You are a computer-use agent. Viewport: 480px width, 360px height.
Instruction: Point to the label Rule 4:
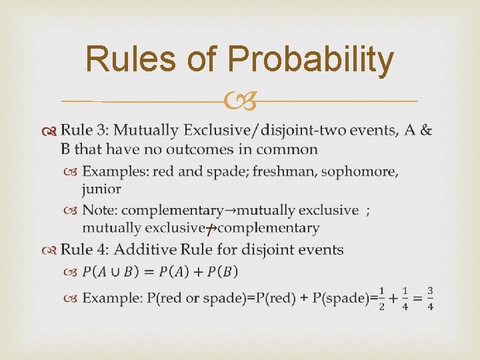tap(85, 250)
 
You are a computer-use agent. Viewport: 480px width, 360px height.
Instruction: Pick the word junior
tap(101, 189)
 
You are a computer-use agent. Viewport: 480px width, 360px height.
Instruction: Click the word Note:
tap(100, 211)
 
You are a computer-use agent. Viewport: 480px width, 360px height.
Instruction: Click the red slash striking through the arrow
tap(209, 230)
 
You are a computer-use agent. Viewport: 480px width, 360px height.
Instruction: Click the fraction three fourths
tap(431, 297)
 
